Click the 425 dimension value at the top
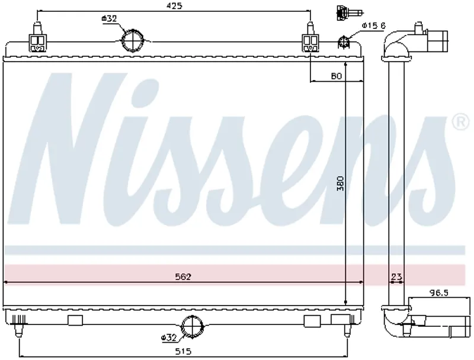[x=174, y=6]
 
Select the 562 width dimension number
[x=183, y=277]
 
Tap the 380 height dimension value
[x=341, y=184]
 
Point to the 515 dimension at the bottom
[x=183, y=351]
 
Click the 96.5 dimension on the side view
[x=438, y=292]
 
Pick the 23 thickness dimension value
[x=396, y=277]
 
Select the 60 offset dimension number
[x=336, y=76]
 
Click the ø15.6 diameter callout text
[x=374, y=25]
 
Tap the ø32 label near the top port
[x=109, y=19]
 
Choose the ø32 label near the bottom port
[x=169, y=337]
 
